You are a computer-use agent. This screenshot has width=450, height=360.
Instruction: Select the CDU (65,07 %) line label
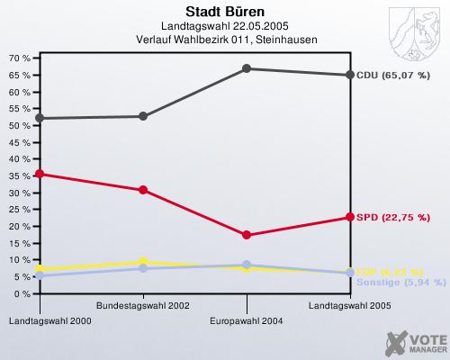[x=392, y=75]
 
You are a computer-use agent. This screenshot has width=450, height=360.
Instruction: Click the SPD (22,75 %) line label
[x=392, y=217]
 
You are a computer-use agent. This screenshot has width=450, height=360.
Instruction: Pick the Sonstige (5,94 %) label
[x=400, y=282]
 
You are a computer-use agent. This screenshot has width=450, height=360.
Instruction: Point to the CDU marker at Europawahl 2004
[x=247, y=68]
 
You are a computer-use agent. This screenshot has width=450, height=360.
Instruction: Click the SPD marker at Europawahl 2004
[x=247, y=235]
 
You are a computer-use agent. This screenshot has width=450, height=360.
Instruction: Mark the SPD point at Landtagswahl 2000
[x=39, y=174]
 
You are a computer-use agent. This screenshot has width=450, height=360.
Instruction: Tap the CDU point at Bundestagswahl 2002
[x=143, y=116]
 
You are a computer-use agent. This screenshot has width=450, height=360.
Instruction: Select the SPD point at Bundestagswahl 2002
[x=143, y=190]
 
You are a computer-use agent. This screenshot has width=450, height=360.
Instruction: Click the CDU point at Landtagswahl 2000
[x=39, y=118]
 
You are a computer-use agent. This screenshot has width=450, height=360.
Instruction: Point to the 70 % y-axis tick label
[x=19, y=58]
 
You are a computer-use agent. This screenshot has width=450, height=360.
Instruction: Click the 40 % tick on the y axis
[x=19, y=158]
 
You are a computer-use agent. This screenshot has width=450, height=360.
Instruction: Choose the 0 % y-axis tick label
[x=22, y=294]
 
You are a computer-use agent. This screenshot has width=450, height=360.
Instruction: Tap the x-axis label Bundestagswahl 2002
[x=142, y=306]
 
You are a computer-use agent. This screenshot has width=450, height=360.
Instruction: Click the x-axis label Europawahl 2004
[x=247, y=320]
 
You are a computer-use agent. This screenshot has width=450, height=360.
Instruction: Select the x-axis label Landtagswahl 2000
[x=38, y=320]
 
